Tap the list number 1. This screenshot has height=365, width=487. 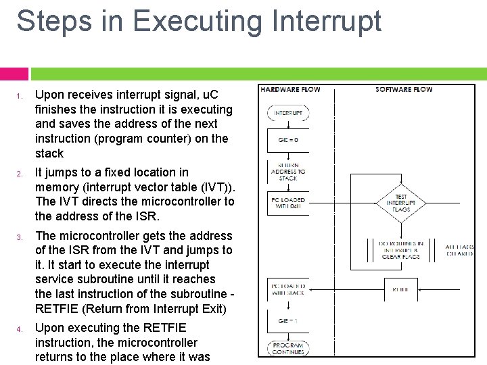tap(21, 95)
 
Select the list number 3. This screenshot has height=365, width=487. tap(21, 237)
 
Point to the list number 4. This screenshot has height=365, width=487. tap(21, 328)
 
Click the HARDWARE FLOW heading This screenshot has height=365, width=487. tap(290, 89)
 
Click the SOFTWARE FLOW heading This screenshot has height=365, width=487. tap(404, 89)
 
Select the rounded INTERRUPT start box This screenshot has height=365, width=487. tap(289, 112)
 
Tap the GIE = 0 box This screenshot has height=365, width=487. tap(289, 140)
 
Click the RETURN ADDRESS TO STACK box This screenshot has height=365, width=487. tap(289, 172)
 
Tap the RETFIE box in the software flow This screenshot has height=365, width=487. tap(401, 289)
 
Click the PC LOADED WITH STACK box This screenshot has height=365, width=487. tap(289, 289)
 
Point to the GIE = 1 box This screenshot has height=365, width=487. tap(289, 321)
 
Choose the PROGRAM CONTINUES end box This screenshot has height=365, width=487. tap(289, 348)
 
